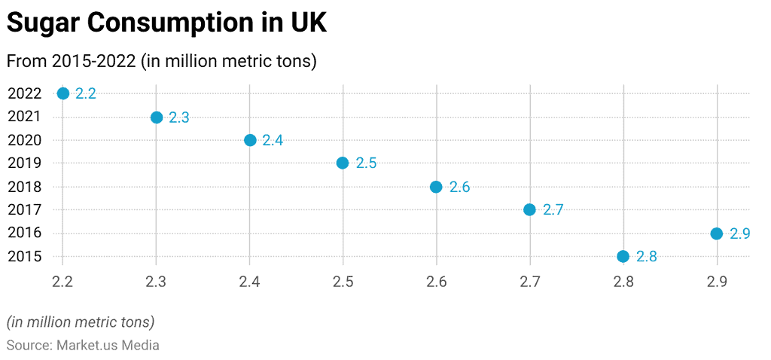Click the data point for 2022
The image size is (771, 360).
point(63,93)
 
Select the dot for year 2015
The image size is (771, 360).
point(623,256)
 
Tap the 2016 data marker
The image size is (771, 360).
point(716,233)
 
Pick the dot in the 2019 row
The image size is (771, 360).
point(343,163)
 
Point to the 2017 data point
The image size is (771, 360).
point(529,209)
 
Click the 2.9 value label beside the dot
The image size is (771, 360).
point(739,234)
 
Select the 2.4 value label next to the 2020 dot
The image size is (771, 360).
point(273,141)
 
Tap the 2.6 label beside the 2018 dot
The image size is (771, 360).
point(459,188)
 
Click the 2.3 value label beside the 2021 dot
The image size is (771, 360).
point(178,117)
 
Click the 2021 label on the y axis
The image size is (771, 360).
point(25,117)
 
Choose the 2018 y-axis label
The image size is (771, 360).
point(25,187)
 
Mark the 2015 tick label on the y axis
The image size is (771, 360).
point(25,257)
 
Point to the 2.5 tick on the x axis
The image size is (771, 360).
point(343,282)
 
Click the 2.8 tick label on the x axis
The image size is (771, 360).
point(623,282)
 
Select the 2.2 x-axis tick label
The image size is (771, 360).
point(63,282)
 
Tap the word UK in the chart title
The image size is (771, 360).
point(309,23)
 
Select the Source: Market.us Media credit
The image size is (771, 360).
point(83,345)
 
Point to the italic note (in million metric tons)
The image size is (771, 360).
point(81,322)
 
